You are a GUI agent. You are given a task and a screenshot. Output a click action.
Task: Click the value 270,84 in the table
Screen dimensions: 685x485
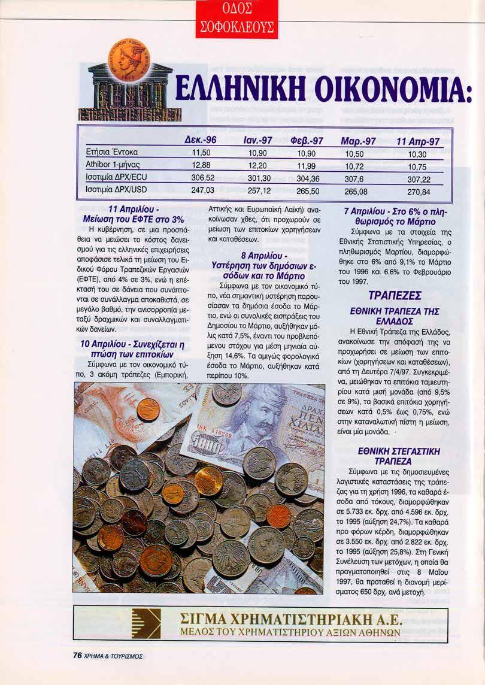tap(419, 192)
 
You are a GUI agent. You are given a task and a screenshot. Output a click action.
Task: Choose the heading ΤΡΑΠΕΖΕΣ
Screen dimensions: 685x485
tap(395, 296)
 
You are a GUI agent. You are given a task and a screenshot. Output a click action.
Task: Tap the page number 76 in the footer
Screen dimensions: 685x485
tap(77, 655)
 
